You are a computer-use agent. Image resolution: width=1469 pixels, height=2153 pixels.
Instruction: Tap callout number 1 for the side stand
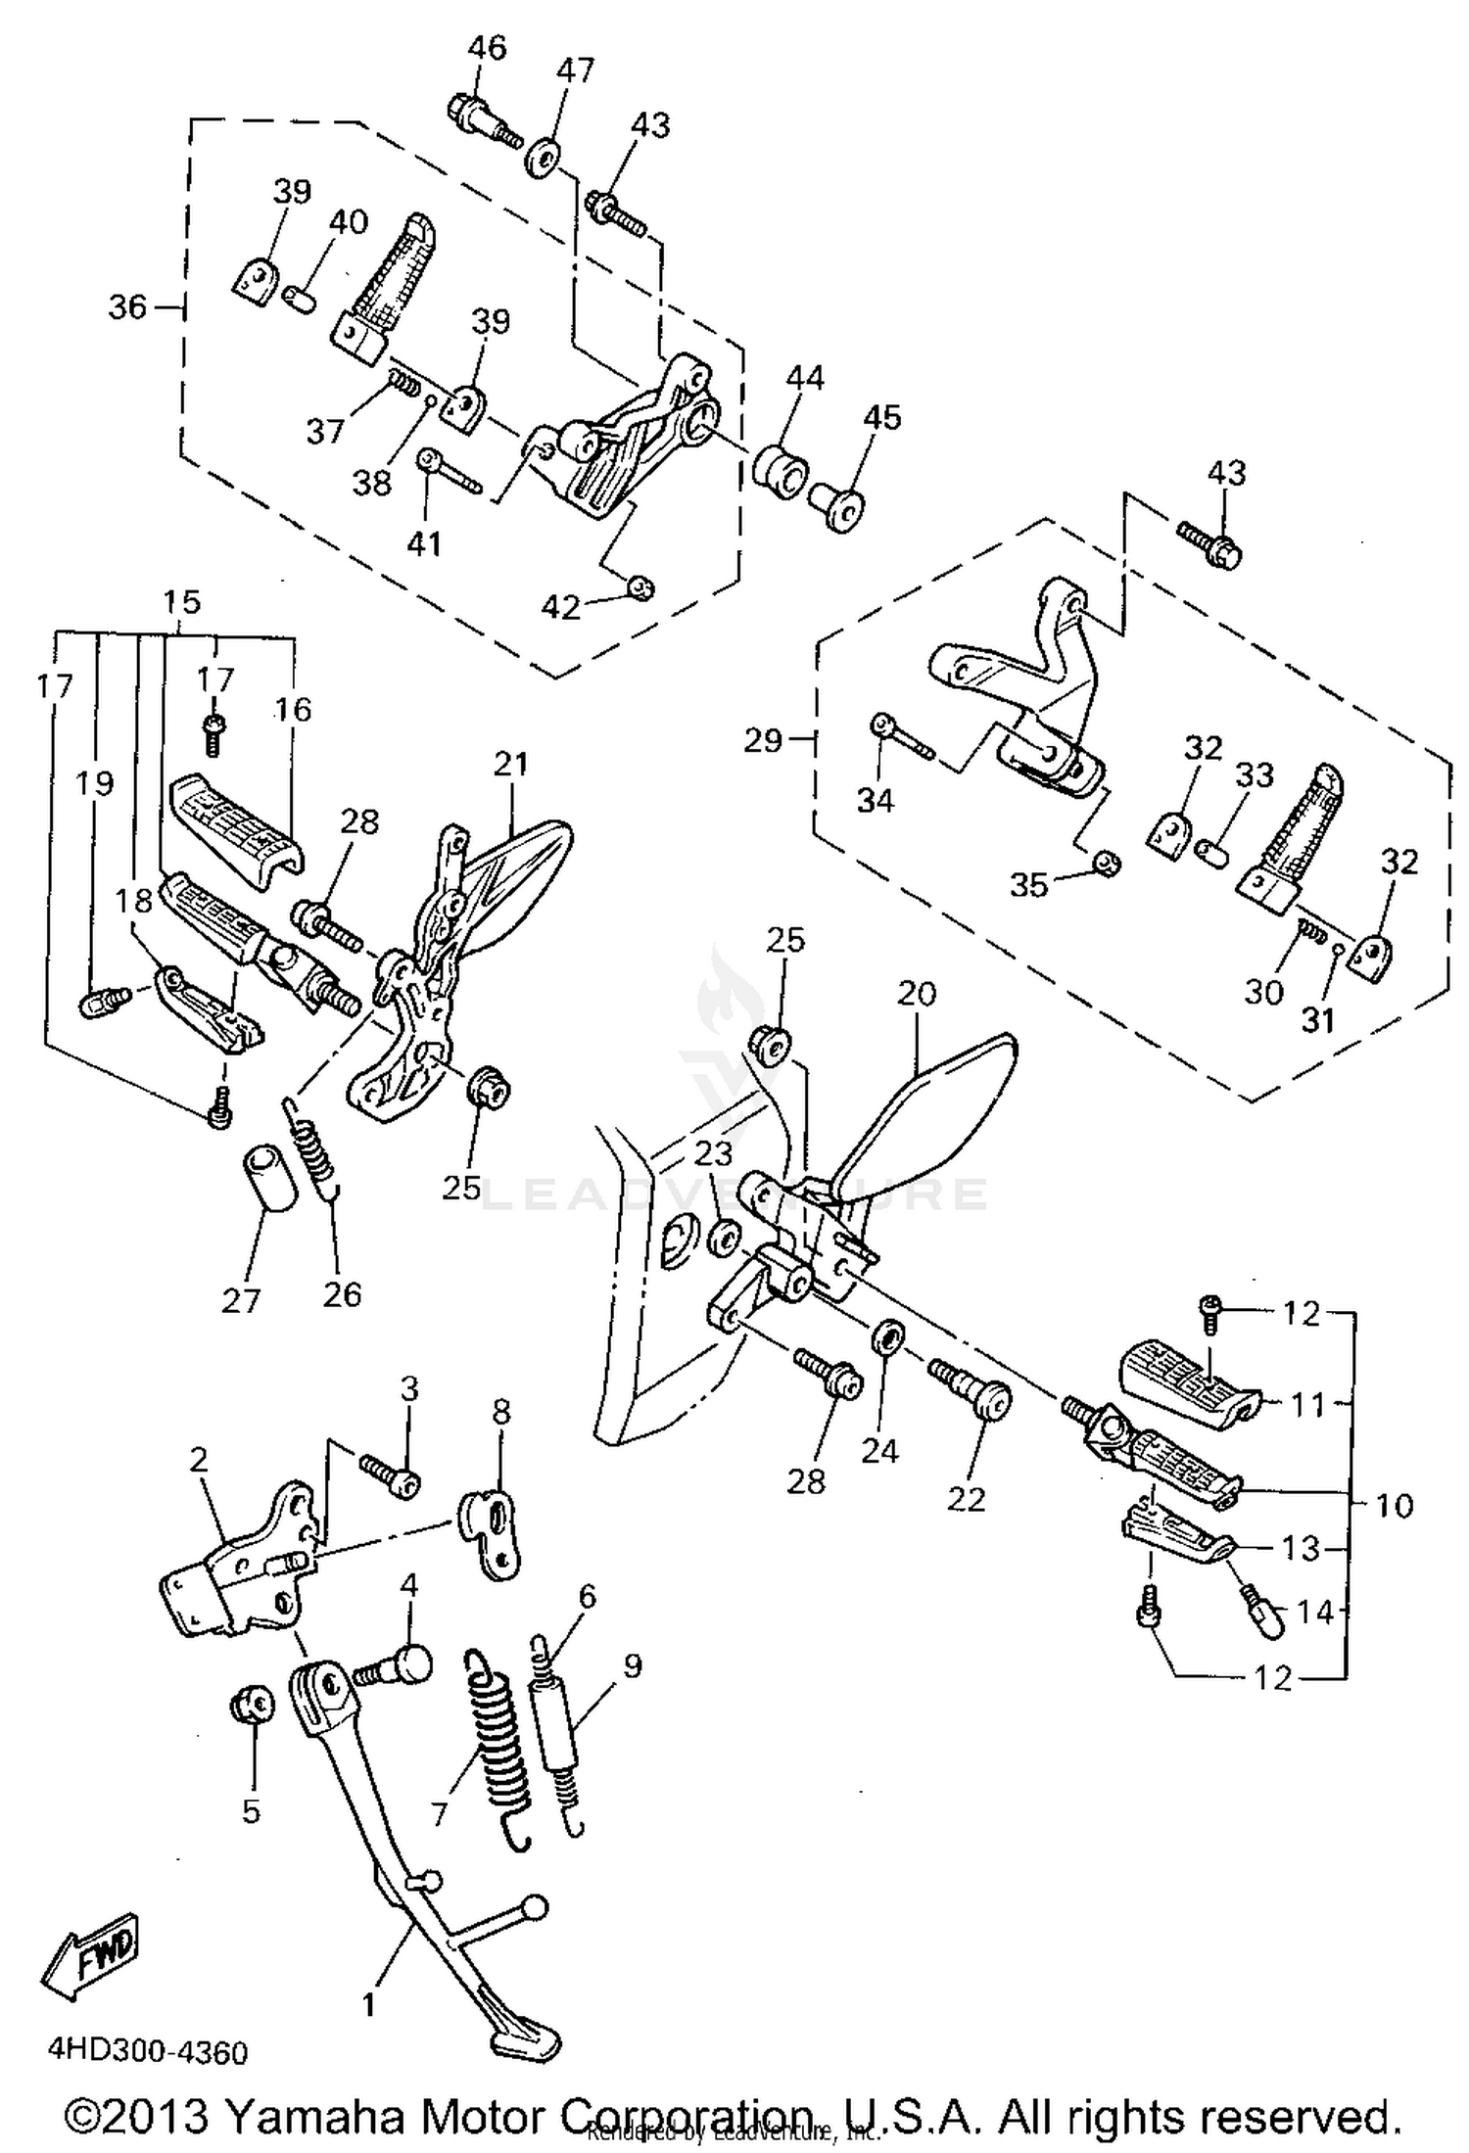[x=368, y=2004]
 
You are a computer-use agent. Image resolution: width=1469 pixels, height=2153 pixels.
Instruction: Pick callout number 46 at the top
[x=486, y=47]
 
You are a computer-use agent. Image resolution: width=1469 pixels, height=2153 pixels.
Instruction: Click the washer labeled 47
[x=541, y=158]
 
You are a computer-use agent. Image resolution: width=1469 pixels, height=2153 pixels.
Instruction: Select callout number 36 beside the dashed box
[x=126, y=307]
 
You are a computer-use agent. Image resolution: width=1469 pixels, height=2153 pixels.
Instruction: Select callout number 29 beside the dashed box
[x=762, y=740]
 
